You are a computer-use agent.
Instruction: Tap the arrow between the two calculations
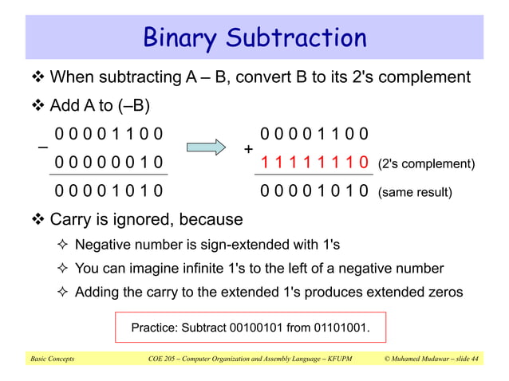pos(207,147)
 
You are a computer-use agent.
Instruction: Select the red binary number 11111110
pos(314,163)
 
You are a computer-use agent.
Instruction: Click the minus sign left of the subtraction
pos(41,148)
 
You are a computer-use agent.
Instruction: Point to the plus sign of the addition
pos(248,149)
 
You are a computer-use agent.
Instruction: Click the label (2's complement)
pos(425,164)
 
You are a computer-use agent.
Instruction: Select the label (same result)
pos(415,192)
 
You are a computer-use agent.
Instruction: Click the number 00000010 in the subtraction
pos(109,163)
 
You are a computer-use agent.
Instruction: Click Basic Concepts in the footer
pos(53,359)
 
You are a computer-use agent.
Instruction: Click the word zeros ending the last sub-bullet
pos(443,292)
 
